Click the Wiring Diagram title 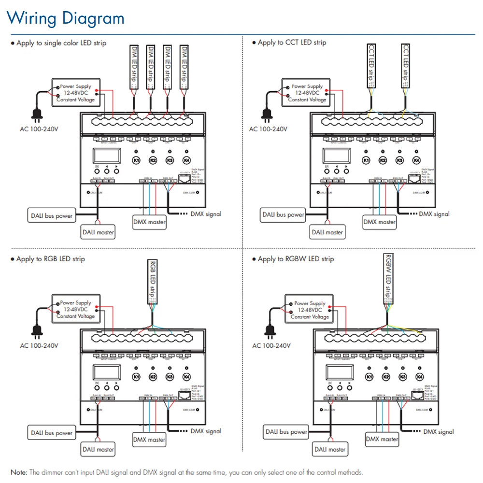tap(66, 18)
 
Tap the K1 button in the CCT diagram tap(366, 160)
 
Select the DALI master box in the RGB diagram tap(98, 449)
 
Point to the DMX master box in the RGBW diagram tap(382, 439)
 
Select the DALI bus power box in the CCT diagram tap(283, 214)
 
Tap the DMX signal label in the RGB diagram tap(206, 431)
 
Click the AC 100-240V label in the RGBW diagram tap(271, 345)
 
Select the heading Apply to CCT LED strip tap(292, 43)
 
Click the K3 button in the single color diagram tap(170, 160)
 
